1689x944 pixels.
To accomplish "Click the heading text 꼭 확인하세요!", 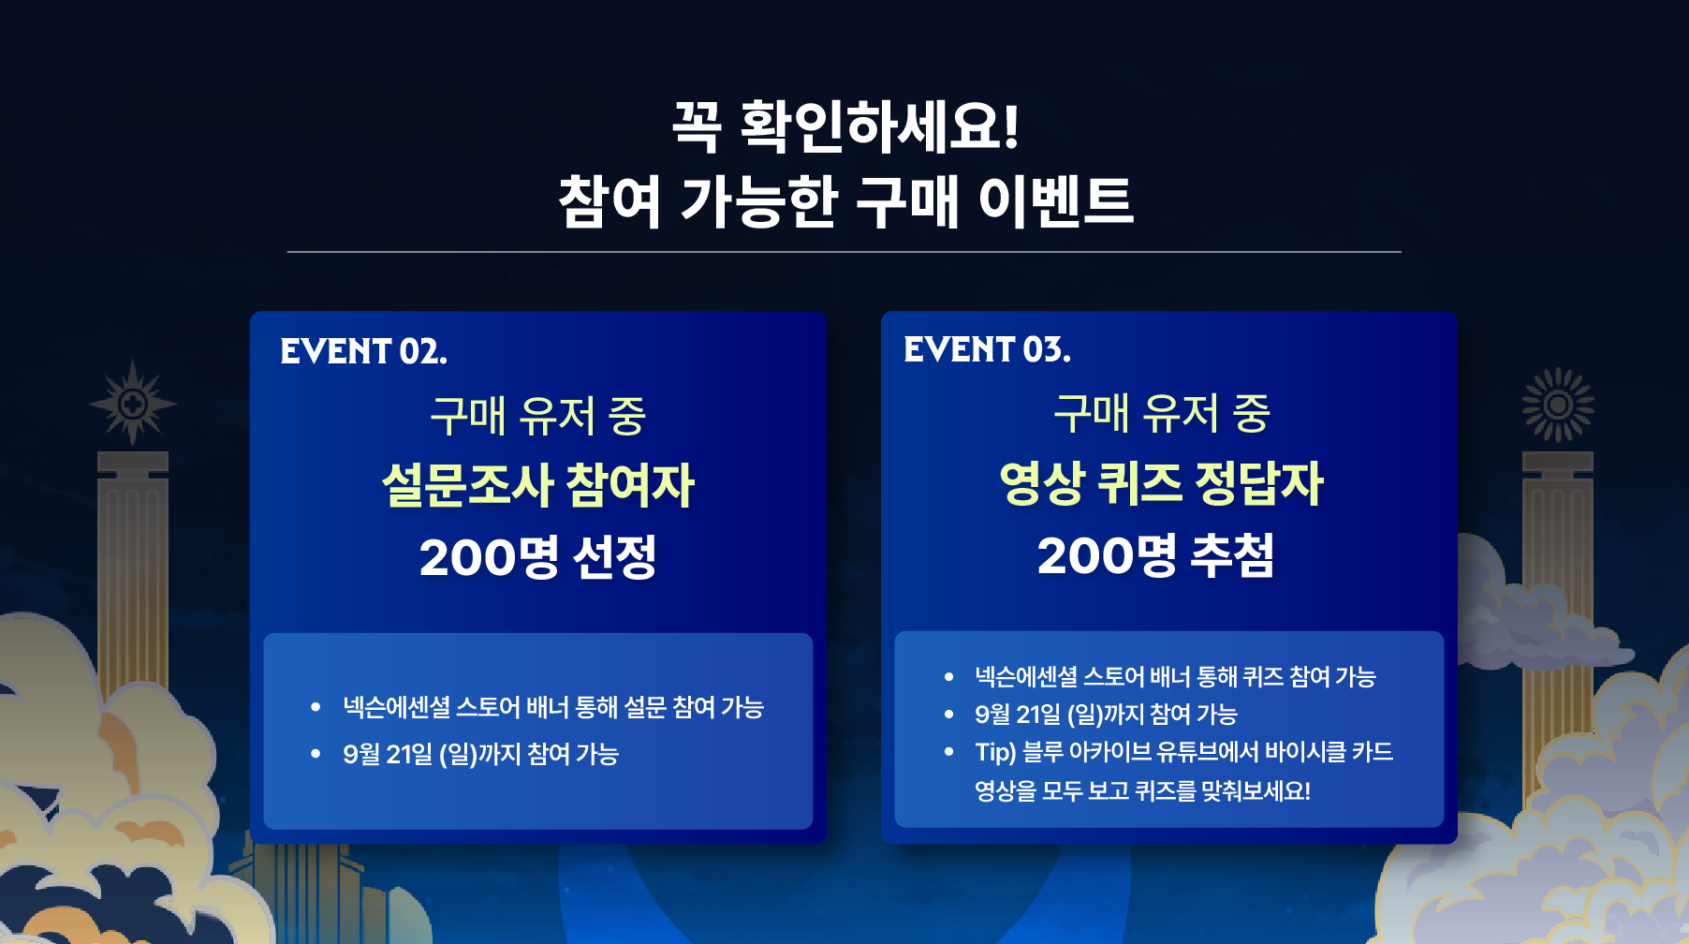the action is coord(845,125).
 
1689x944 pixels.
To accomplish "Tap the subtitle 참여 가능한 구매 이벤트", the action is coord(845,201).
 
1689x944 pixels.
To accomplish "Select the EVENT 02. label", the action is coord(363,352).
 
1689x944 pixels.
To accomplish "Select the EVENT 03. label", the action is coord(987,350).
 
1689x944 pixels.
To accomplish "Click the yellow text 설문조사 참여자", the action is coord(538,485).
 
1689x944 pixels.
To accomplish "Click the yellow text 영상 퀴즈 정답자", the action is coord(1162,483).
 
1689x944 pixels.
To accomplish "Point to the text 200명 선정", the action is coord(538,557).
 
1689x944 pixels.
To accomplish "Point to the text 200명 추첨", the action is coord(1156,555).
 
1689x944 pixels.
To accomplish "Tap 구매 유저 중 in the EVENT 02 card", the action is coord(538,416).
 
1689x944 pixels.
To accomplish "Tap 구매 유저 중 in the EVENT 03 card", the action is coord(1162,414).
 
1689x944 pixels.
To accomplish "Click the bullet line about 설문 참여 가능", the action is coord(553,707).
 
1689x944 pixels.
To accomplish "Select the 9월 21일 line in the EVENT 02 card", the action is coord(481,754).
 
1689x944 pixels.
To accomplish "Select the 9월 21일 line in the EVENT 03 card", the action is coord(1107,715).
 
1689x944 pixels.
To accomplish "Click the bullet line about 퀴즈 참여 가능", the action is coord(1176,676).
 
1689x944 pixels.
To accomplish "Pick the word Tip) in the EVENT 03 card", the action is coord(995,752).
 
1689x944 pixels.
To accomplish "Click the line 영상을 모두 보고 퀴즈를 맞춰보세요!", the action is coord(1143,791).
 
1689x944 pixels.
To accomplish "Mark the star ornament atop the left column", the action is coord(133,403).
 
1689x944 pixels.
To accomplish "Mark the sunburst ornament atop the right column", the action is coord(1558,405).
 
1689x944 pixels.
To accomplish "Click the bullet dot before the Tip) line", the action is coord(949,751).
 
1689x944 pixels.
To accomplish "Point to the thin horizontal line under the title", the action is coord(844,252).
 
